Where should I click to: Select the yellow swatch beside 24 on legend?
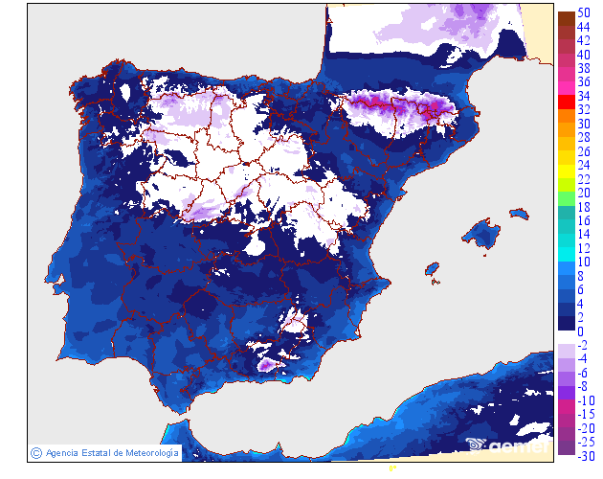[566, 165]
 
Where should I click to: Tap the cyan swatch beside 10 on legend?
[566, 262]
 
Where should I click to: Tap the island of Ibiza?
[432, 268]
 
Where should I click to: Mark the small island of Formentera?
[435, 281]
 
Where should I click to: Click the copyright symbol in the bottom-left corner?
[35, 452]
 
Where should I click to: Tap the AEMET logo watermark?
[507, 445]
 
